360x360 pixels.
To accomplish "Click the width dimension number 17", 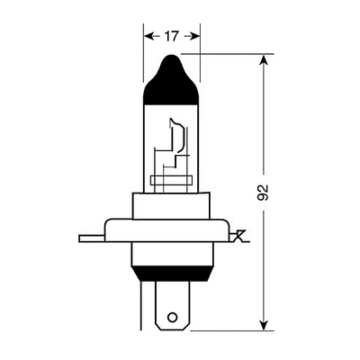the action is point(171,36).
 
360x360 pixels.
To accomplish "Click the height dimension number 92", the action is point(263,193).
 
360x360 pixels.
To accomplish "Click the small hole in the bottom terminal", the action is point(172,317).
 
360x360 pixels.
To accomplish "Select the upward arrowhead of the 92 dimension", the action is point(263,60).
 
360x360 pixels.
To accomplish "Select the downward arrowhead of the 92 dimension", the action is point(263,325).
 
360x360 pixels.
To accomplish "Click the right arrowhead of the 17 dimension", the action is point(194,36).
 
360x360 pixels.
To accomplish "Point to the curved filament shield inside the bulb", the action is point(181,135).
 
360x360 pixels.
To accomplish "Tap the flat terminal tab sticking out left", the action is point(92,238).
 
